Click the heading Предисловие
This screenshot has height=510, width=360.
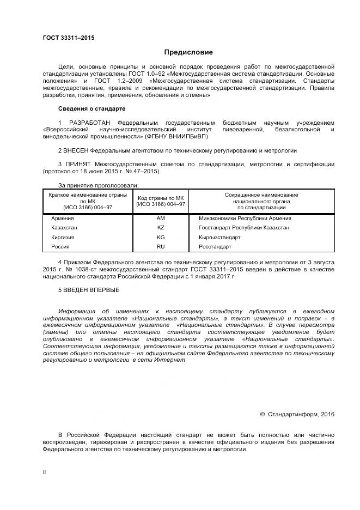tap(188, 52)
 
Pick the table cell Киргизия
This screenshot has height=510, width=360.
tap(62, 237)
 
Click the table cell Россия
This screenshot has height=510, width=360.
tap(60, 246)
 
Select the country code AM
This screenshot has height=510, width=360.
tap(161, 217)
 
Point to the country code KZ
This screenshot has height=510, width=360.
tap(161, 227)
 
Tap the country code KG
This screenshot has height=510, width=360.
tap(161, 237)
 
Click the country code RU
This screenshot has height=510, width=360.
tap(161, 246)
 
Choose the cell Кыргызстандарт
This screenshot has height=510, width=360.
tap(219, 237)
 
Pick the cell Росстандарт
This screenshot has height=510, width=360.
tap(215, 246)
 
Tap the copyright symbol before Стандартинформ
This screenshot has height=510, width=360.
tap(263, 414)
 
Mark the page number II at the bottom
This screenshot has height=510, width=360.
tap(44, 472)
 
